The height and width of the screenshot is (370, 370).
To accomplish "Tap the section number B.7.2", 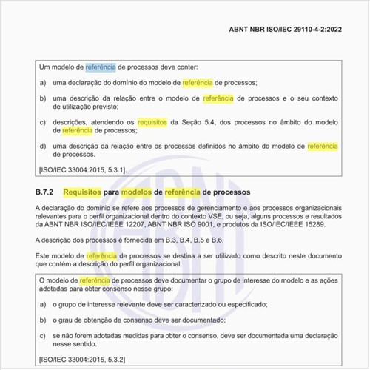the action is pos(47,192).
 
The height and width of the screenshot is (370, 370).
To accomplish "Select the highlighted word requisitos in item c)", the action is pos(151,121).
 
